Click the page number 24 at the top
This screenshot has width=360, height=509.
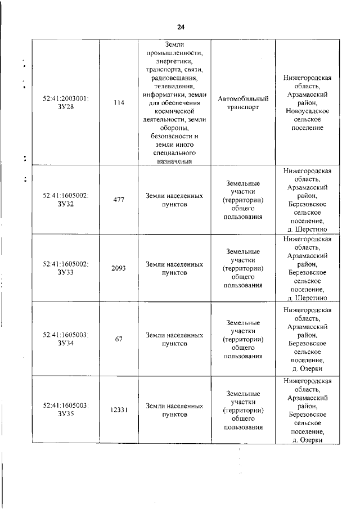point(181,27)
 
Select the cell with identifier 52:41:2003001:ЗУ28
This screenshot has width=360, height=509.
point(66,102)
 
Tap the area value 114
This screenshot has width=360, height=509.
point(119,103)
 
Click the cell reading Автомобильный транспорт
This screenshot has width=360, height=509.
point(243,103)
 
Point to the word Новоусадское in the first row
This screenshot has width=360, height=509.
point(308,111)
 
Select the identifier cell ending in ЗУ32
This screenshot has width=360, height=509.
point(66,200)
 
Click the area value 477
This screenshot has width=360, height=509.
point(119,200)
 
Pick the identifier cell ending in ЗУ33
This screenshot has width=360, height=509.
point(66,268)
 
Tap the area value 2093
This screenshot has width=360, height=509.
point(119,268)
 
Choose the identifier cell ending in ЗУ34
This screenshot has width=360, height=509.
point(66,339)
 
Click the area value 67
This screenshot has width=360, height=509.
point(119,339)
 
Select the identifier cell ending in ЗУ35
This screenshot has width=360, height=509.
point(66,409)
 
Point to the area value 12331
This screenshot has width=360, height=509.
point(119,409)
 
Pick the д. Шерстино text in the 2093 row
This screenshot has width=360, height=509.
point(308,298)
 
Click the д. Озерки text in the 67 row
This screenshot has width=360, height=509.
point(308,369)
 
